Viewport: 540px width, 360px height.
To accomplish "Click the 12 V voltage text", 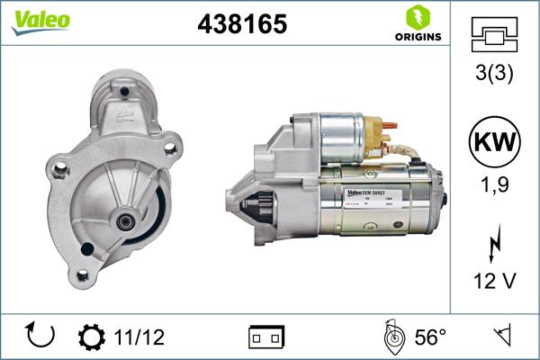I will point(494,283).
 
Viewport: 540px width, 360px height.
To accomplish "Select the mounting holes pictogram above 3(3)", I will point(494,35).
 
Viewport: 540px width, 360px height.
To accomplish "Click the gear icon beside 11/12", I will point(92,337).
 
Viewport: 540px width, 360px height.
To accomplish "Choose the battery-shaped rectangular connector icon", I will point(266,337).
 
